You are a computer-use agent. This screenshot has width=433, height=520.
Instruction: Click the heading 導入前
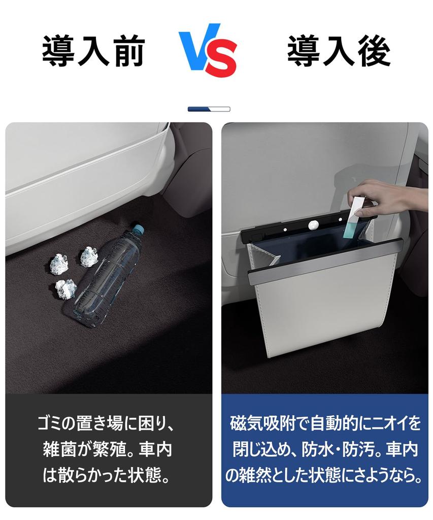[93, 51]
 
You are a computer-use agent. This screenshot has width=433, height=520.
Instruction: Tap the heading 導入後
[339, 51]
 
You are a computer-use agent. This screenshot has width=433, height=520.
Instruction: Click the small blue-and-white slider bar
[209, 109]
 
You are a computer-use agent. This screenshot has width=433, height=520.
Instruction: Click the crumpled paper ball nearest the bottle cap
[89, 256]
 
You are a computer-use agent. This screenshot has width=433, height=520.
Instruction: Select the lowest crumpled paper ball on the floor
[65, 288]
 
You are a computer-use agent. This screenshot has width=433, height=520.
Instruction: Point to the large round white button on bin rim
[314, 224]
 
